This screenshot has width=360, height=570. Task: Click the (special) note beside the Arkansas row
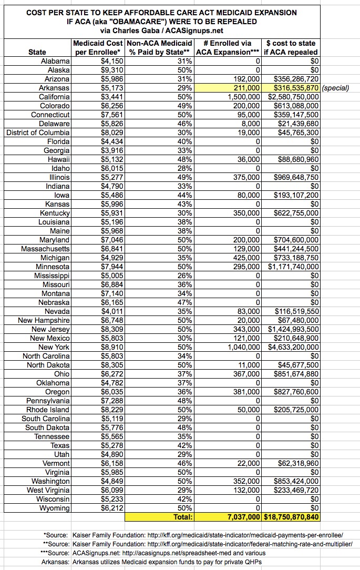tap(334, 88)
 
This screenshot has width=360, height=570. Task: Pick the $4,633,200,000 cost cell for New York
tap(292, 347)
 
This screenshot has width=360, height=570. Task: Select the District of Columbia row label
tap(38, 133)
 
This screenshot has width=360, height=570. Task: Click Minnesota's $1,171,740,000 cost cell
tap(292, 267)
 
